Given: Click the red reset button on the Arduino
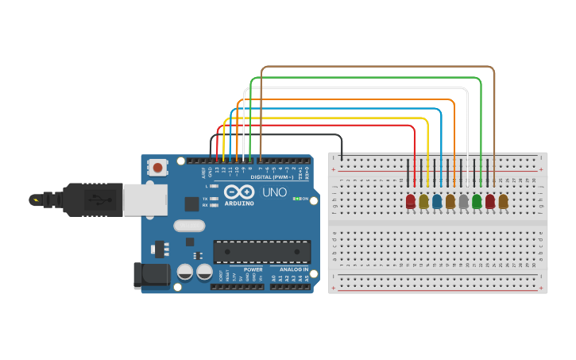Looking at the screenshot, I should coord(159,168).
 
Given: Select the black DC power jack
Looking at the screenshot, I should coord(152,275).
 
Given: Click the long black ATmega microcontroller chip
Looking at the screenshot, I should coord(262,251).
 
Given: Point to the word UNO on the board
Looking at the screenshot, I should coord(274,192).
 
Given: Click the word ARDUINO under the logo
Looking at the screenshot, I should coord(239,203).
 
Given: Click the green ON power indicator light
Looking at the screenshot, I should coord(296,198).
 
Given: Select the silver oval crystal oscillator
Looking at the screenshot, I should coord(189,226).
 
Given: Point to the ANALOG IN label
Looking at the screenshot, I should coord(289,269).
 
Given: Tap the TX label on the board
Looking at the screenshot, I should coord(204,198).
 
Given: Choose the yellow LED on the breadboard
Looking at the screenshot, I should coord(423,201).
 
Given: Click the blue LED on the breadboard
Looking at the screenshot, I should coord(437,201).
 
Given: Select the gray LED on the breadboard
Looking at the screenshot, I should coord(463,201).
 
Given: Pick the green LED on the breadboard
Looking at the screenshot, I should coord(477,201).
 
